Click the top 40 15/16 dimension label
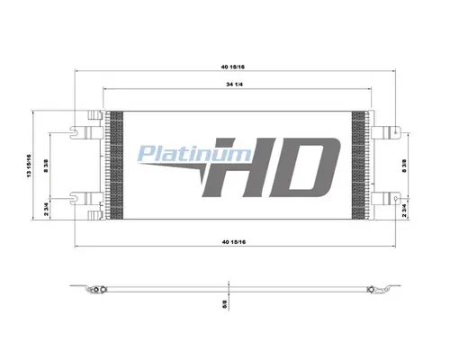[233, 67]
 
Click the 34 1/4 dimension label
[235, 85]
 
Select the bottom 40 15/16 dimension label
[234, 242]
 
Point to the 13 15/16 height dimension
[29, 166]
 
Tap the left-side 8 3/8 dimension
[46, 166]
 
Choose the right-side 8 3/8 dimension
[404, 166]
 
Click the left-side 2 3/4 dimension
[46, 209]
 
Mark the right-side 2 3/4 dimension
[404, 210]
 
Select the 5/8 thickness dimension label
[225, 304]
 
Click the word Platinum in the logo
[194, 154]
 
